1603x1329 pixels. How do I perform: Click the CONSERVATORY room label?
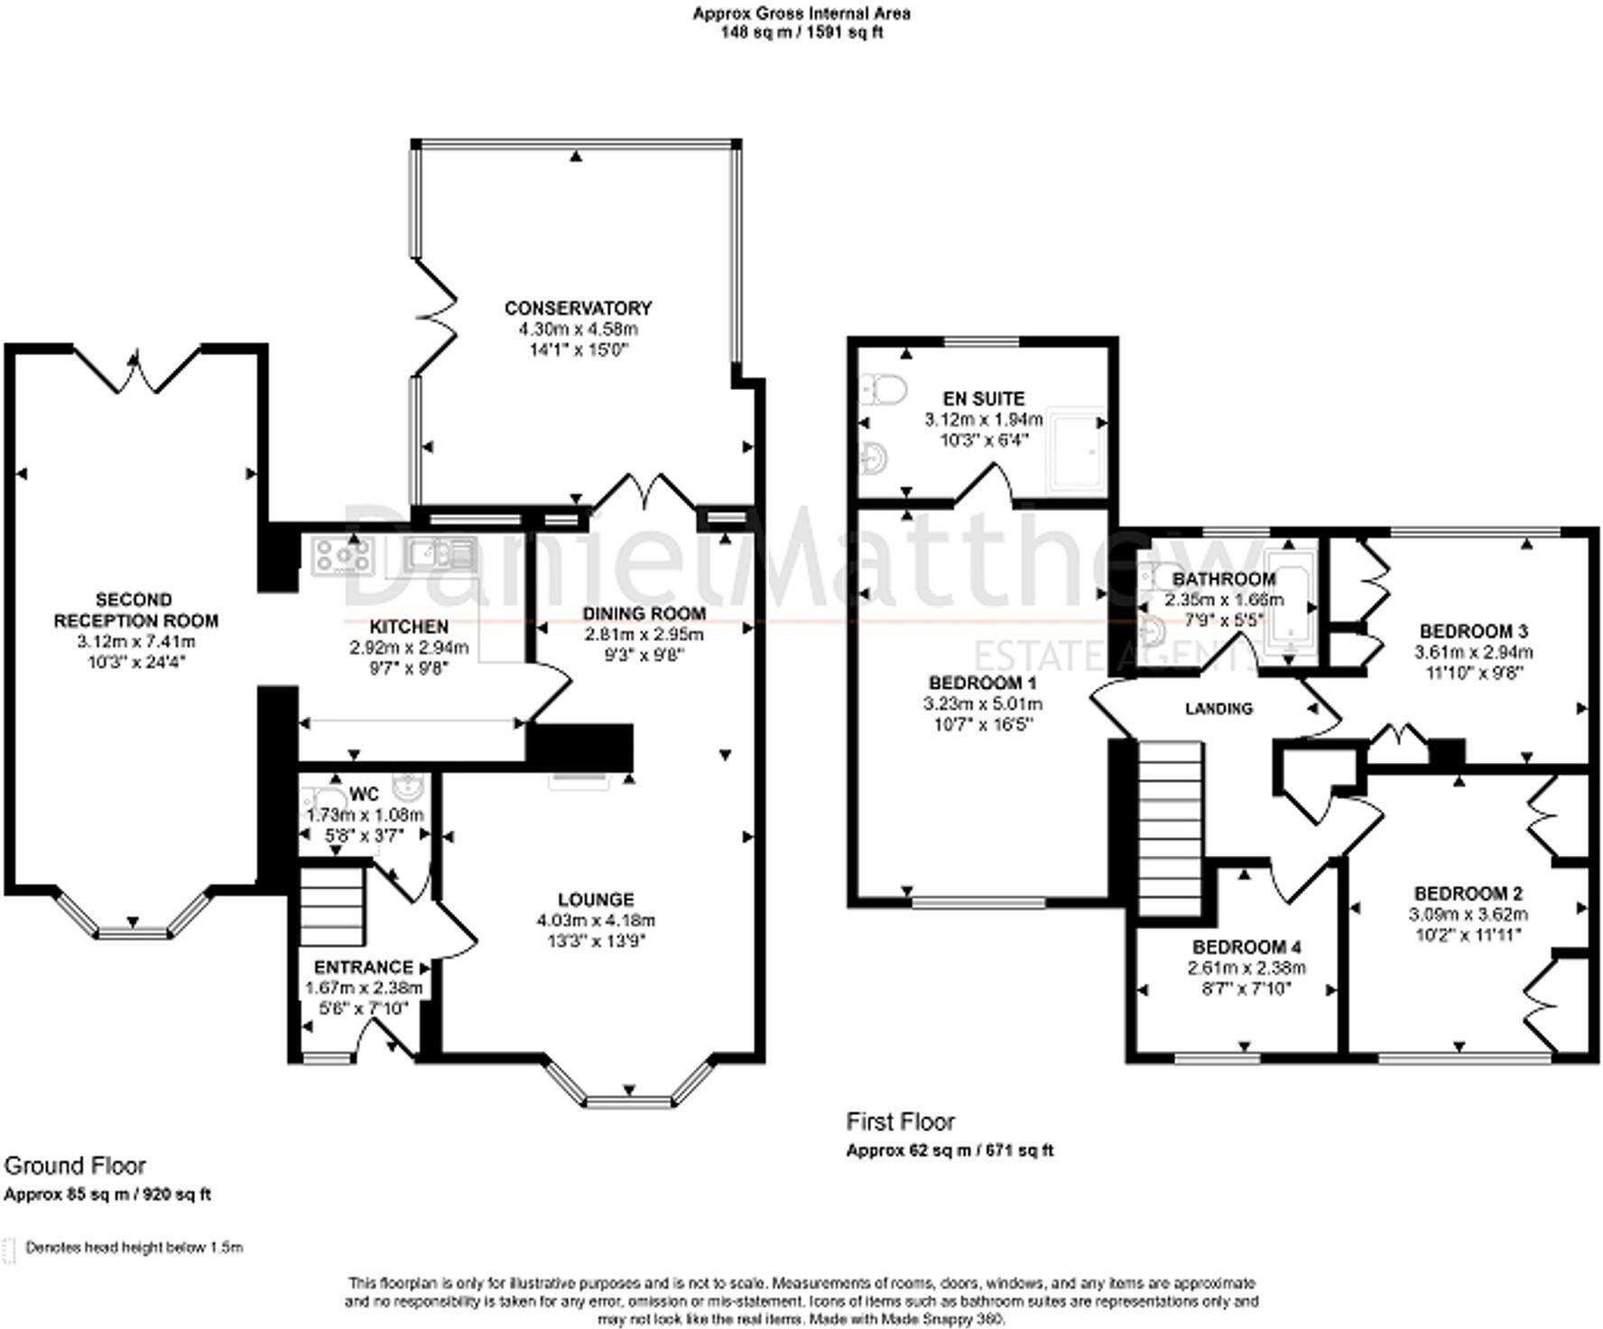(578, 308)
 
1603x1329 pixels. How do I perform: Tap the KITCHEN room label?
(409, 627)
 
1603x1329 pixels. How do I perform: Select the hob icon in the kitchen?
(342, 556)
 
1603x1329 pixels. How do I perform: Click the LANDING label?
(1218, 709)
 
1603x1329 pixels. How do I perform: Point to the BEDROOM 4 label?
(1246, 947)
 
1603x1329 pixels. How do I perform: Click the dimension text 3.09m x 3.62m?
(1469, 914)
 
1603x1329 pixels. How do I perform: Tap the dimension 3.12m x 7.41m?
(136, 642)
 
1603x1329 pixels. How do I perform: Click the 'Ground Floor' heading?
(75, 1166)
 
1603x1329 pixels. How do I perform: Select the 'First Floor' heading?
(900, 1121)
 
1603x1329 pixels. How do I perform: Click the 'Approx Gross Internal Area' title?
(801, 14)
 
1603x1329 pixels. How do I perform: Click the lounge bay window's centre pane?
(629, 1101)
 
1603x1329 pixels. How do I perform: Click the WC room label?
(364, 795)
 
